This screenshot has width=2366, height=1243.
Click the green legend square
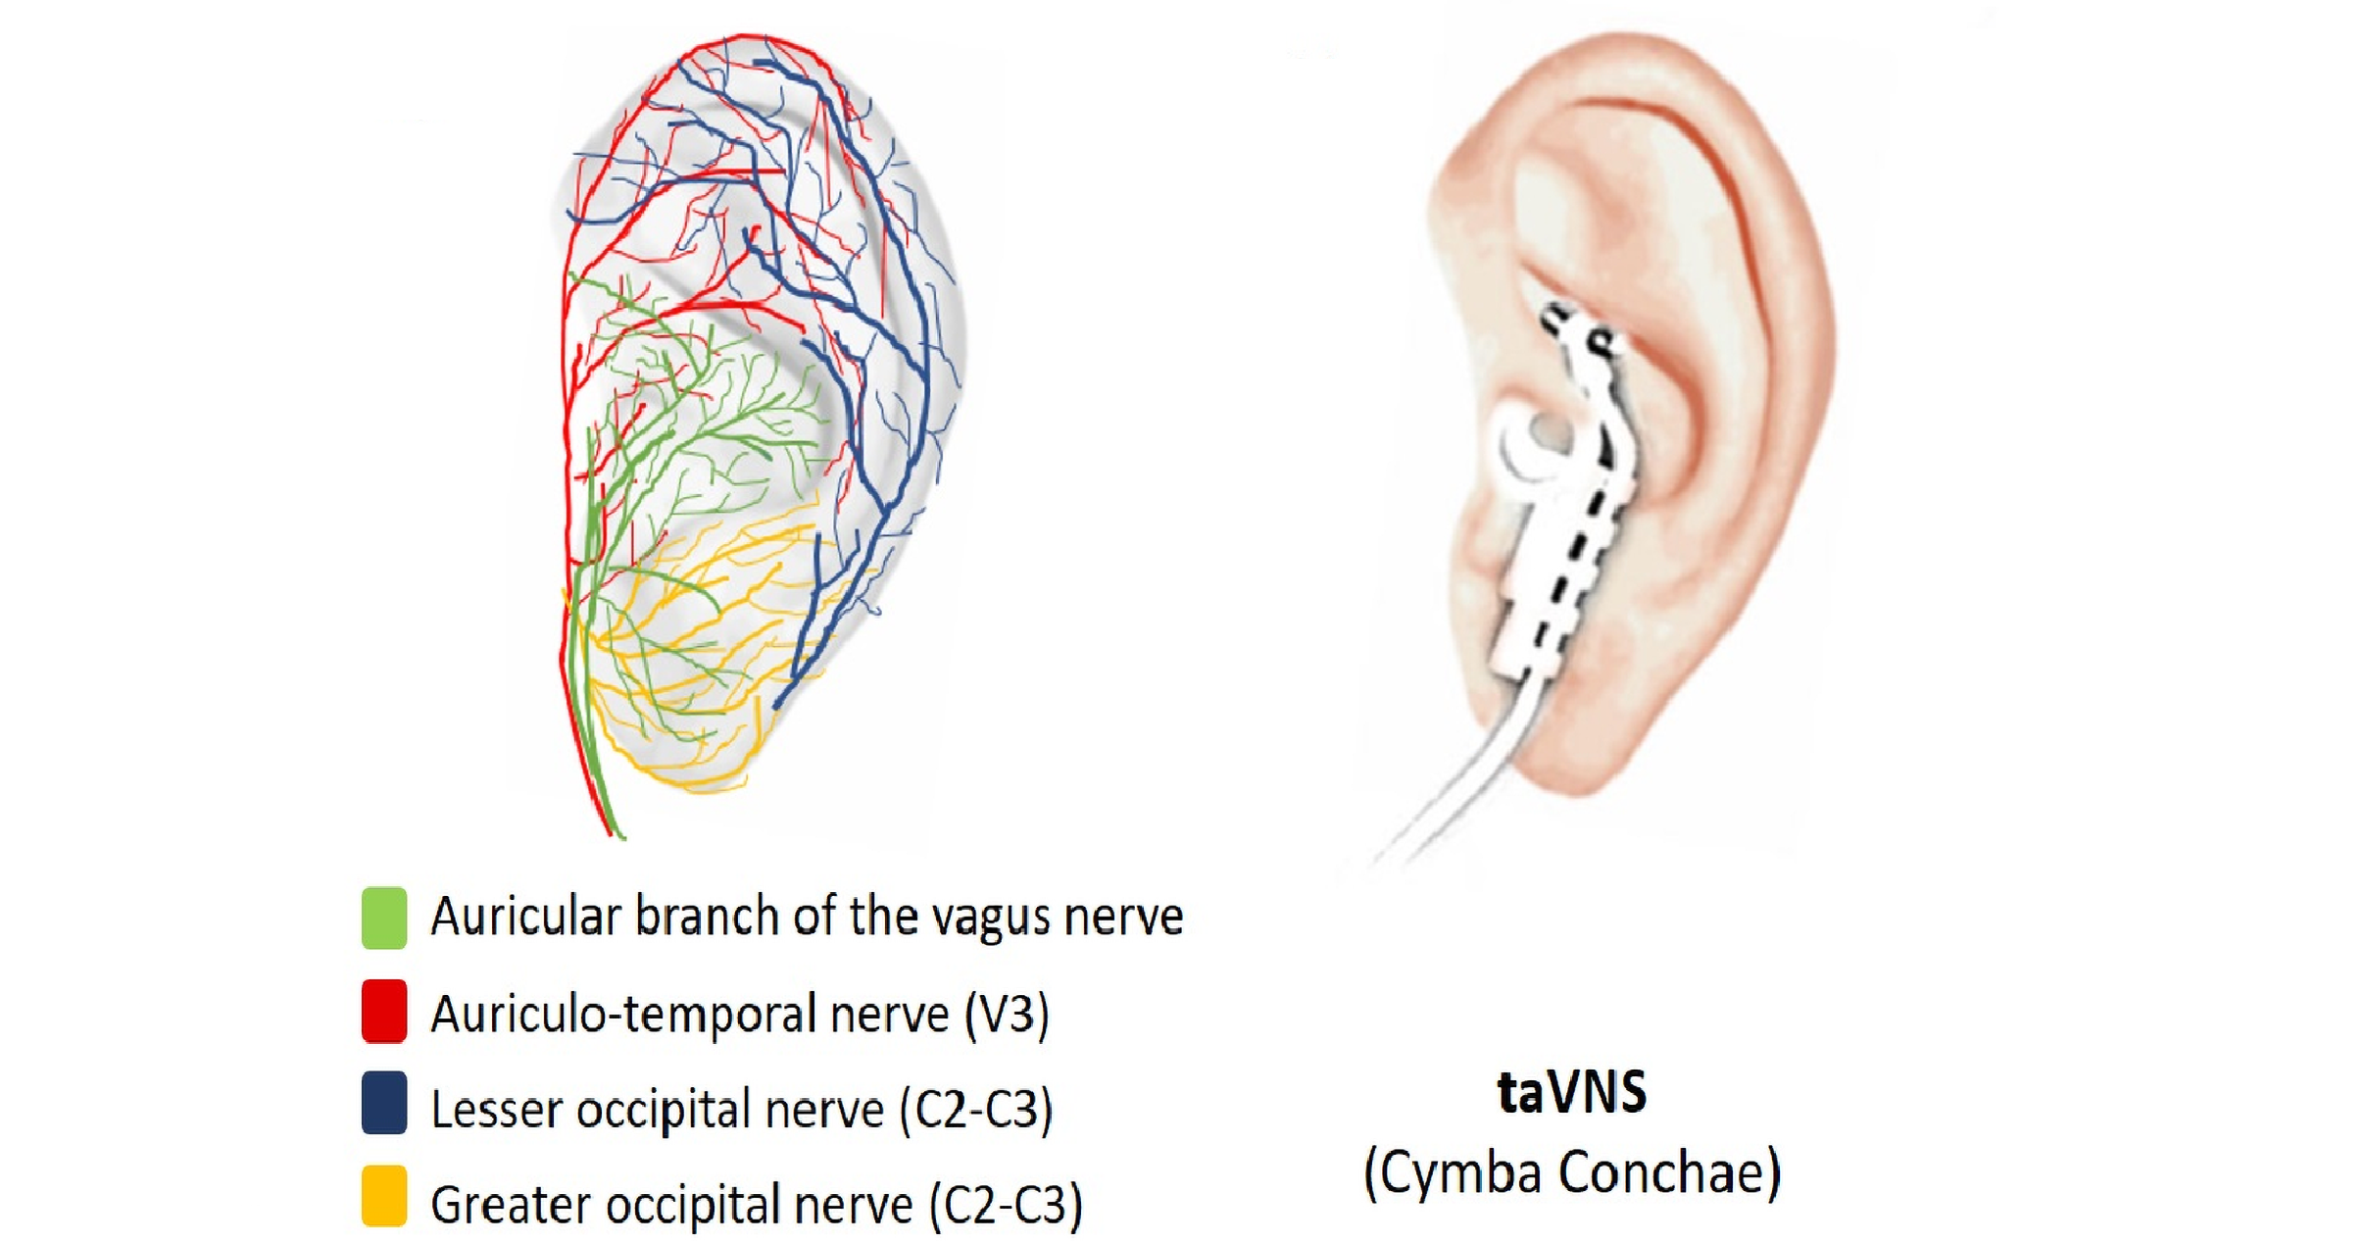click(x=384, y=918)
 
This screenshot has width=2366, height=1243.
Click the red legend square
click(x=384, y=1011)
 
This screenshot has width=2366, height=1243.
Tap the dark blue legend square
click(x=384, y=1103)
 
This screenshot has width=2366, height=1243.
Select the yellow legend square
click(x=384, y=1195)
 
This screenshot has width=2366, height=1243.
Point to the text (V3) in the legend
click(x=1007, y=1013)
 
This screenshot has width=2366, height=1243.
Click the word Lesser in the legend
click(x=496, y=1109)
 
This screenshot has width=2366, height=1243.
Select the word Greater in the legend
click(x=511, y=1205)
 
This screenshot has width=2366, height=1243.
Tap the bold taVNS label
click(x=1572, y=1093)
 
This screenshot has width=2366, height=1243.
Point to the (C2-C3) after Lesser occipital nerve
click(x=976, y=1109)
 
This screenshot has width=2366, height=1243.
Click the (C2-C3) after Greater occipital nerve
click(x=1006, y=1205)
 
